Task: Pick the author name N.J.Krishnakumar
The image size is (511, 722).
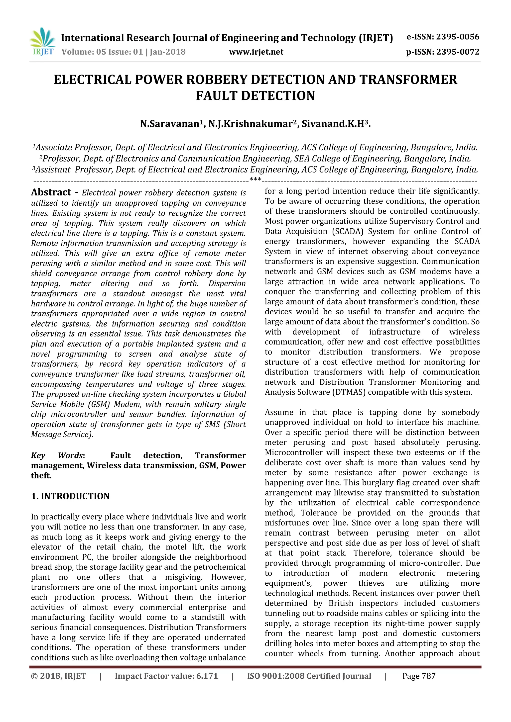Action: (x=253, y=124)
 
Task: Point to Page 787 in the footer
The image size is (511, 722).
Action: (x=419, y=676)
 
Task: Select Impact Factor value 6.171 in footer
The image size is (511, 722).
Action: (x=166, y=676)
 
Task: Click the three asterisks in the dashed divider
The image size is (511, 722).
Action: (x=255, y=180)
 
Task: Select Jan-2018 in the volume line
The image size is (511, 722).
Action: (x=167, y=52)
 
